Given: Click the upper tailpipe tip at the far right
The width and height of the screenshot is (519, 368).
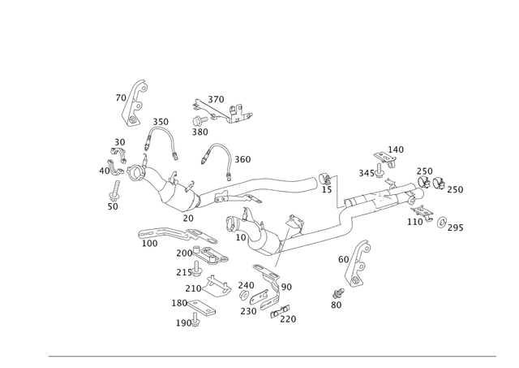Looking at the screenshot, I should coord(451,188).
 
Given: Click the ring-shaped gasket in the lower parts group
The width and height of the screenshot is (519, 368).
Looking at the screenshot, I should coord(214,284).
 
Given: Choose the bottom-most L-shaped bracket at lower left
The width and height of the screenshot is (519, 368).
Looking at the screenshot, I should coord(188,322).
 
